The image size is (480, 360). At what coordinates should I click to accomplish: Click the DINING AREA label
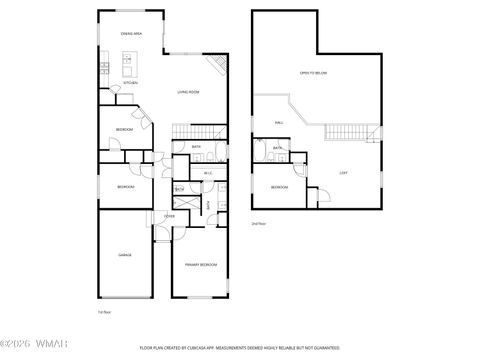(x=130, y=34)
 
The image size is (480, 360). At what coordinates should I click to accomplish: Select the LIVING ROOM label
(x=190, y=93)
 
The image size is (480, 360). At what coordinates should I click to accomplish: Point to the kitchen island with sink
(x=128, y=68)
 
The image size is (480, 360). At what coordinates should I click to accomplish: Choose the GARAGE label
(x=125, y=255)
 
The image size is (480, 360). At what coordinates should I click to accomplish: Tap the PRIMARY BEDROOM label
(x=201, y=264)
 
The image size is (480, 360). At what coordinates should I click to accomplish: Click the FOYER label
(x=169, y=216)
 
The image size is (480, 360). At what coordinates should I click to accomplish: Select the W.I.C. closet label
(x=208, y=174)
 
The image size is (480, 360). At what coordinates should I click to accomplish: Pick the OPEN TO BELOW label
(x=314, y=74)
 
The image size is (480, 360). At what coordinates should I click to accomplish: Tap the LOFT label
(x=343, y=172)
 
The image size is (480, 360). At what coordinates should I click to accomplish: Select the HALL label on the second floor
(x=279, y=123)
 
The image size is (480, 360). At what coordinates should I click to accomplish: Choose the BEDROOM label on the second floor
(x=279, y=187)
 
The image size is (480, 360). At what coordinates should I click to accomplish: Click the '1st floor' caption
(x=103, y=313)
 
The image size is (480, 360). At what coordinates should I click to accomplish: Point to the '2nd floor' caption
(x=258, y=224)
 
